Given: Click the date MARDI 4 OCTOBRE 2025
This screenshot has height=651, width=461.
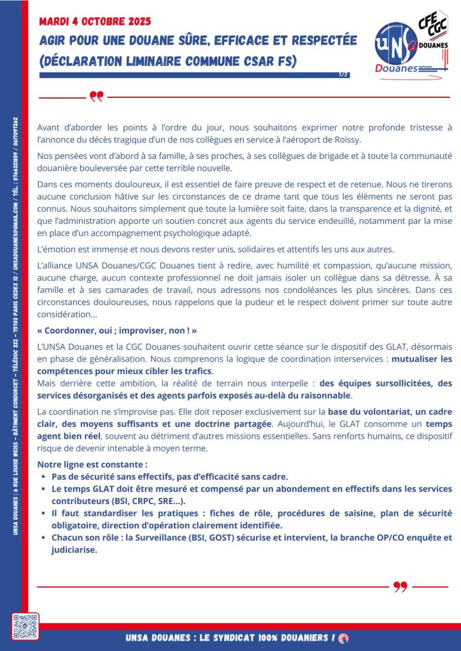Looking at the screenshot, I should (95, 21).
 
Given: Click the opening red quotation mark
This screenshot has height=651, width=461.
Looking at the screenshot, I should (96, 97).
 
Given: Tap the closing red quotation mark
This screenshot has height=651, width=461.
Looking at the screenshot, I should (400, 586).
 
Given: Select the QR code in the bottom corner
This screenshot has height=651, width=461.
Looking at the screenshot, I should (25, 626).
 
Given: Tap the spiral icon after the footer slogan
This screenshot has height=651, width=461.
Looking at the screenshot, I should (344, 638).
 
